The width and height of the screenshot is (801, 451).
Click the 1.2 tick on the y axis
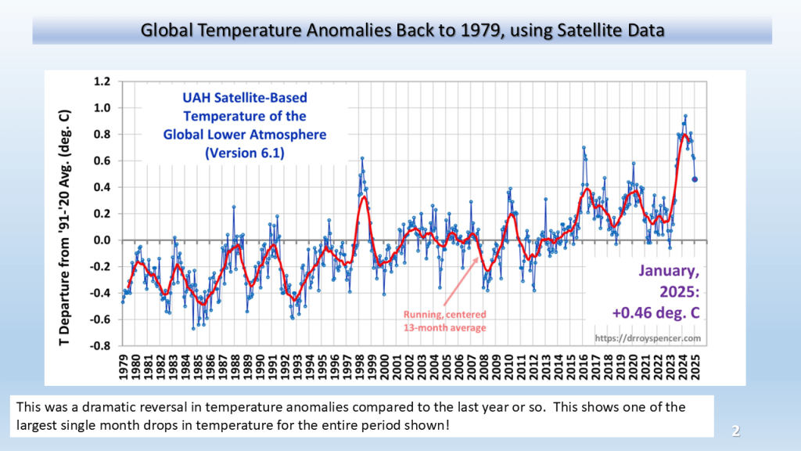click(101, 81)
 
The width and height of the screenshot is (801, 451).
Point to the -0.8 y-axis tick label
click(99, 345)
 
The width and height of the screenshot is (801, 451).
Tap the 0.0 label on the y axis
click(101, 240)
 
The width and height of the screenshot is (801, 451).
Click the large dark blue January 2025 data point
click(695, 179)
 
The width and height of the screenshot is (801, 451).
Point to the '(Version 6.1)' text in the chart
click(244, 153)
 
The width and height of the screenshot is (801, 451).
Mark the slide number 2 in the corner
click(735, 430)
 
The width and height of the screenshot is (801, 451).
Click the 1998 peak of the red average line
click(364, 196)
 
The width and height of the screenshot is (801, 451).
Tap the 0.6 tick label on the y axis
click(101, 161)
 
